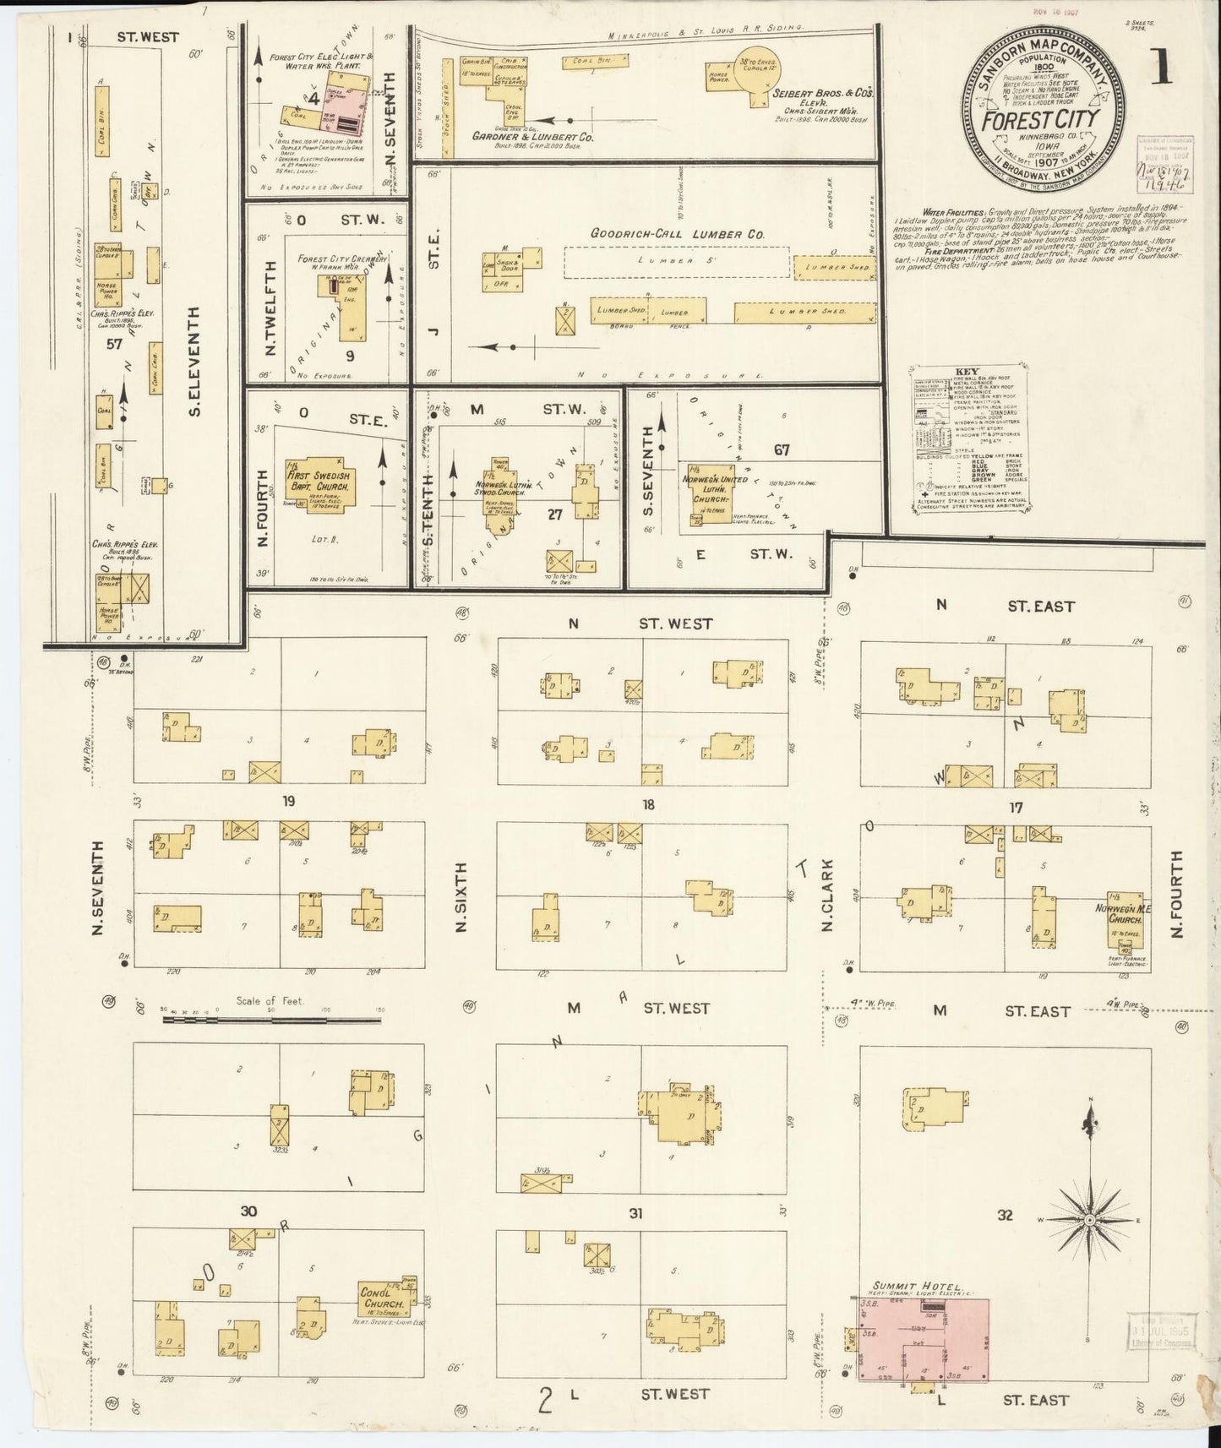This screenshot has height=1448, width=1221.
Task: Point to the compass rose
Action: [1090, 1219]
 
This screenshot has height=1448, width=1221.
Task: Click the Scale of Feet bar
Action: [270, 1019]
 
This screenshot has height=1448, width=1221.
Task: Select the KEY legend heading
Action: [967, 372]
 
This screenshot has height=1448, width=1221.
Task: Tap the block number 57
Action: [115, 344]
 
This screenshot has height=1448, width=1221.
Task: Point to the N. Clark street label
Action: [827, 895]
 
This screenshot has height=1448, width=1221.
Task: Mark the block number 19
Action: [289, 801]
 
